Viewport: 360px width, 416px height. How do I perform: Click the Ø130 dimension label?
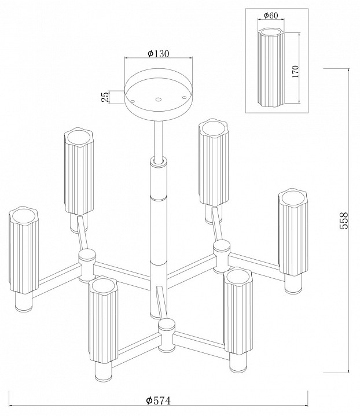click(x=158, y=54)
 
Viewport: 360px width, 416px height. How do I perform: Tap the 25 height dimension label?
click(x=105, y=97)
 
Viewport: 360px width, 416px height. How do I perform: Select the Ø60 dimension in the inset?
click(x=271, y=16)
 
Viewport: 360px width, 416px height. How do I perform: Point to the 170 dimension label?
click(x=295, y=71)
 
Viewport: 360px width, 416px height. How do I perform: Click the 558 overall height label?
click(x=344, y=220)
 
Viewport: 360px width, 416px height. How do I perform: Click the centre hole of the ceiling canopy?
click(x=159, y=99)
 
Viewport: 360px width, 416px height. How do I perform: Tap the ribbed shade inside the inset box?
click(x=271, y=68)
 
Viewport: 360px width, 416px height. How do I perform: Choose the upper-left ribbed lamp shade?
click(x=79, y=171)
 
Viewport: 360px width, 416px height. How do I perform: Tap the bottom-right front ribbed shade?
click(x=238, y=310)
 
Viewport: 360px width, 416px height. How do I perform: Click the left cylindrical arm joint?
click(x=87, y=266)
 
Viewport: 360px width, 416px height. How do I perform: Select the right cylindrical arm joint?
click(x=222, y=256)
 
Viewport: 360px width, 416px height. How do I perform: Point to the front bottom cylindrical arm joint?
click(x=167, y=336)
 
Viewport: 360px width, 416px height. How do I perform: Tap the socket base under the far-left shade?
click(x=24, y=302)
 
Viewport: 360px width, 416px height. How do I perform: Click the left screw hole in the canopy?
click(x=133, y=101)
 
